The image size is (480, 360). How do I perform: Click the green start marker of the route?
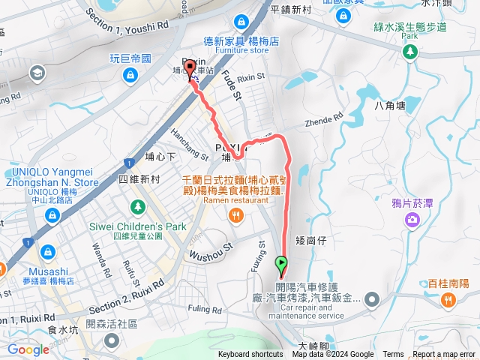click(x=282, y=264)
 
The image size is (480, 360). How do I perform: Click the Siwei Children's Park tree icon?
click(x=137, y=206)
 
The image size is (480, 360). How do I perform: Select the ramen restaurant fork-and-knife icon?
click(x=237, y=216)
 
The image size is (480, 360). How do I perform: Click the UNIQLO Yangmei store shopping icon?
click(x=52, y=216)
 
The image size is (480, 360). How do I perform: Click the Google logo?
click(x=28, y=349)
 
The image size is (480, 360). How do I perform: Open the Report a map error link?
click(x=445, y=355)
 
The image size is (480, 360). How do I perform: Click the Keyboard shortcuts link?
click(x=250, y=355)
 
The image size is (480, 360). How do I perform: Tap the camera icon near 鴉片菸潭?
click(x=412, y=219)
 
